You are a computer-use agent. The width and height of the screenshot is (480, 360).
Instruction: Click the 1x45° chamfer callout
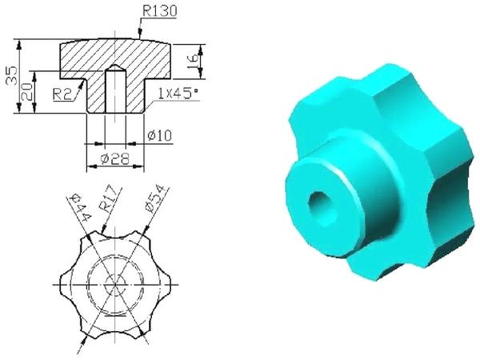click(x=179, y=94)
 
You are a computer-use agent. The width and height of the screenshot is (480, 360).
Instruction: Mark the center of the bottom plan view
click(x=114, y=285)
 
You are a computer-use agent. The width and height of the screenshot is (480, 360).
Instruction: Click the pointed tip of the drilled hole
click(x=114, y=67)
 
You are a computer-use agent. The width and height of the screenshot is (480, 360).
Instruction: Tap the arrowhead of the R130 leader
click(x=138, y=38)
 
